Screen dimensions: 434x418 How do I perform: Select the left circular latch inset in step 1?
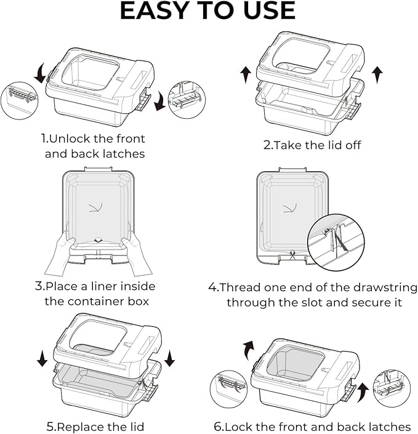coord(20,99)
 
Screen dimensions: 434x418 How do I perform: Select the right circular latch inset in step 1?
coord(187,99)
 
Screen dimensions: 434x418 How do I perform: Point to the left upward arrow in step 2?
coord(246,74)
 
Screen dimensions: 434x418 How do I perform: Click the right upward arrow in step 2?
coord(377,74)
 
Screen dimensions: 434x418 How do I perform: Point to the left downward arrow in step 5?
coord(42,358)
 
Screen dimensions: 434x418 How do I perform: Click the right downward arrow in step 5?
coord(170,358)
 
